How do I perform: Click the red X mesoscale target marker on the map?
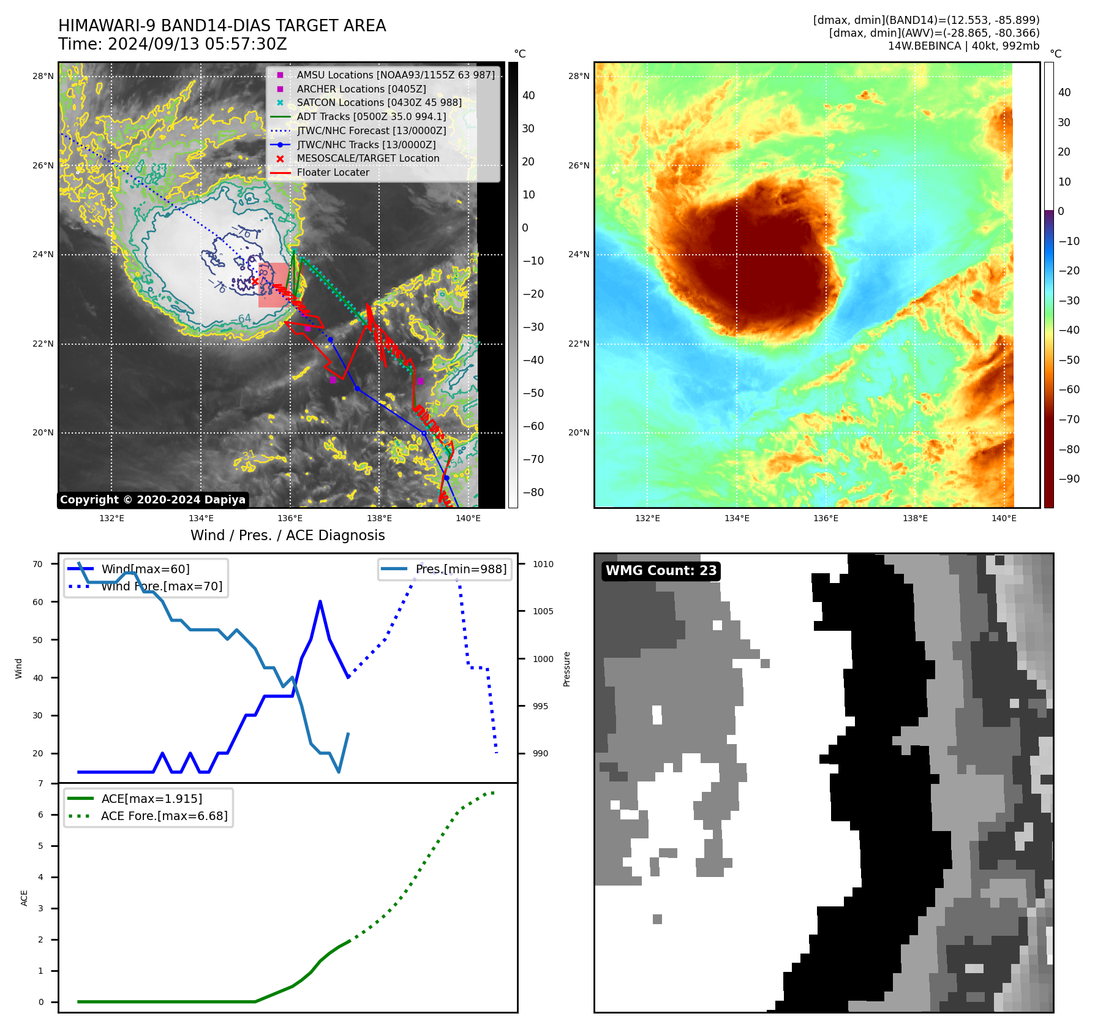tap(255, 281)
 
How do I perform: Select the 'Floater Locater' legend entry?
tap(333, 173)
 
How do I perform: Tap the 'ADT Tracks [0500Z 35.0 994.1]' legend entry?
tap(371, 116)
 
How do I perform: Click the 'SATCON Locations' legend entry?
tap(379, 103)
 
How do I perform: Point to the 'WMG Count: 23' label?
tap(661, 571)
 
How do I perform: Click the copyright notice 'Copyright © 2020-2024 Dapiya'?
tap(152, 500)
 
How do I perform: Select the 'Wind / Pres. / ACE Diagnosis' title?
tap(287, 535)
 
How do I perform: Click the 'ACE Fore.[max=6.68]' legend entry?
tap(164, 816)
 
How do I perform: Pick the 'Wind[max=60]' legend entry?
tap(145, 570)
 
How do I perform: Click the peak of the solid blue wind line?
tap(320, 602)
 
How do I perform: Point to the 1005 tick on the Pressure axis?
tap(543, 611)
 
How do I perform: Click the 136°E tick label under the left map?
tap(290, 519)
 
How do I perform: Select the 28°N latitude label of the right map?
tap(578, 77)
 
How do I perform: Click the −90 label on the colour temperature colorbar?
tap(1069, 479)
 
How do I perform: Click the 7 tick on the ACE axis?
tap(41, 783)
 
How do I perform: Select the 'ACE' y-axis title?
tap(24, 898)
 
